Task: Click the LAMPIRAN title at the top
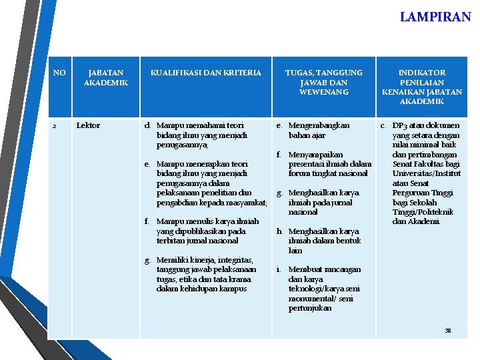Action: click(435, 17)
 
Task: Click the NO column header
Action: click(59, 73)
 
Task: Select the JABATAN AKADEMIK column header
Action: click(105, 77)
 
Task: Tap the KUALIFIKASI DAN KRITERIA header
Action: click(205, 73)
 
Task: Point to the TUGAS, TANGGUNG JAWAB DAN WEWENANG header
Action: click(324, 82)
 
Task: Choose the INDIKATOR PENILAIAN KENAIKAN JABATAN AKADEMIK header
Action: click(421, 87)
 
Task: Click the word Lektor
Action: click(88, 125)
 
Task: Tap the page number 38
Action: click(447, 331)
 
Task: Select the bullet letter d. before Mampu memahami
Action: click(148, 125)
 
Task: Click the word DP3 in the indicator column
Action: click(401, 125)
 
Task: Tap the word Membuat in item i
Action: click(306, 269)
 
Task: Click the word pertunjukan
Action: click(309, 309)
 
